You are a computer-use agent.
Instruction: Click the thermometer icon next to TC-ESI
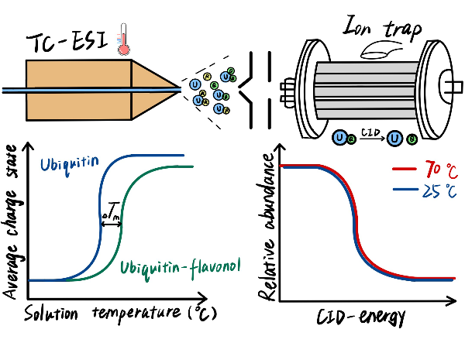[x=122, y=39]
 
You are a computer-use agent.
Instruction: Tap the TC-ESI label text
[x=65, y=42]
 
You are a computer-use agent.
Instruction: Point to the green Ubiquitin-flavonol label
[x=179, y=268]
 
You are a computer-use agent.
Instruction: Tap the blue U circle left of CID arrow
[x=339, y=139]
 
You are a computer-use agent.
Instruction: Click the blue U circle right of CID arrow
[x=395, y=139]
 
